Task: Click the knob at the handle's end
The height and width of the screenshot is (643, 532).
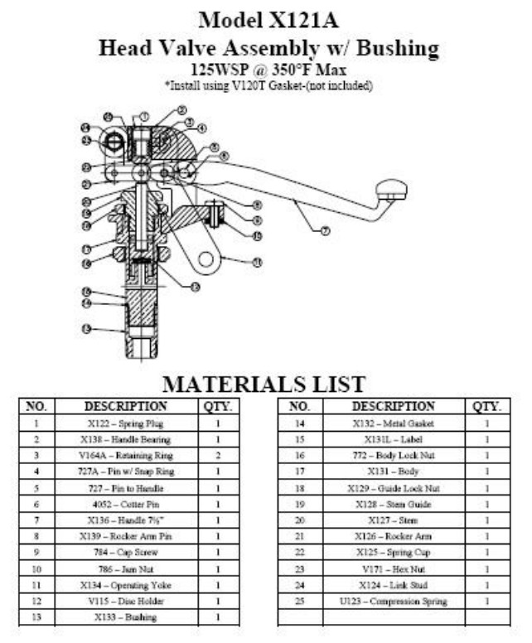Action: (x=391, y=190)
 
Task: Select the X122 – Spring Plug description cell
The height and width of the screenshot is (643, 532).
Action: (x=126, y=423)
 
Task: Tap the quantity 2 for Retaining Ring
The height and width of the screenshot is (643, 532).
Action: (x=217, y=456)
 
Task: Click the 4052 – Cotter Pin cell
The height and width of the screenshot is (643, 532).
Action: (x=126, y=505)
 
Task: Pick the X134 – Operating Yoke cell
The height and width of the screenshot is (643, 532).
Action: (x=126, y=585)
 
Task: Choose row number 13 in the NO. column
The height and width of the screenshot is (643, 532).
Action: (x=36, y=617)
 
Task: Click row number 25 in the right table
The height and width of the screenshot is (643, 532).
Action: (x=300, y=601)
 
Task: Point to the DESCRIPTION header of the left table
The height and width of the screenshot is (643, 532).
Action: (x=126, y=407)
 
